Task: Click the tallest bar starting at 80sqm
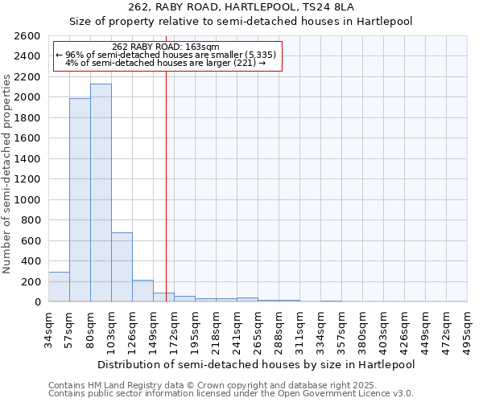(x=101, y=193)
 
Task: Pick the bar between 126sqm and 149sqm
(x=142, y=291)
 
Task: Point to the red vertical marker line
(x=166, y=185)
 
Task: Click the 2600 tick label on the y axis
(x=27, y=36)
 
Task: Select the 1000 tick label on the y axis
(x=27, y=200)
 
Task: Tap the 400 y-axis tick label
(x=31, y=261)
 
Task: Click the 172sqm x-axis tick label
(x=174, y=329)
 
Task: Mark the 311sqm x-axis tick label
(x=299, y=329)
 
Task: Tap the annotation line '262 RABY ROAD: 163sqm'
(x=166, y=47)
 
